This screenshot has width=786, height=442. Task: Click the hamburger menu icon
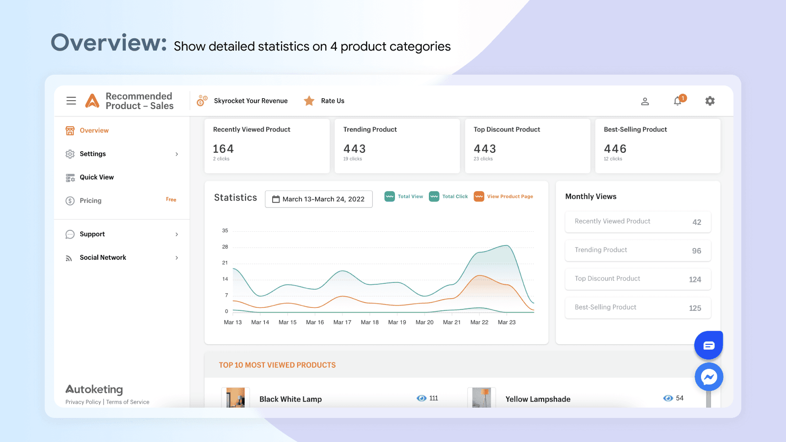[x=71, y=101]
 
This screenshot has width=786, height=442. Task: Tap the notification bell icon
[x=677, y=101]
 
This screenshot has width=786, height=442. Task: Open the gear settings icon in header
[x=710, y=101]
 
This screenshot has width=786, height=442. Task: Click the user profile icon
[x=645, y=101]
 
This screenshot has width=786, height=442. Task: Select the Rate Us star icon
[x=309, y=101]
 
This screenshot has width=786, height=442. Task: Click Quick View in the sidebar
[x=96, y=177]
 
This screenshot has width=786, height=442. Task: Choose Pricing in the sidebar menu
[x=90, y=200]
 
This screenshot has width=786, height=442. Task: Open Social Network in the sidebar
[x=103, y=257]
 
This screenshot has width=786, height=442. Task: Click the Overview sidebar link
[x=94, y=131]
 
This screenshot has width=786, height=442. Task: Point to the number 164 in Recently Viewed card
[x=223, y=149]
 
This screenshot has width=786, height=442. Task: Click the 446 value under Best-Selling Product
[x=615, y=149]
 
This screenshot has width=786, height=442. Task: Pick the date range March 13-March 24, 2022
[x=319, y=199]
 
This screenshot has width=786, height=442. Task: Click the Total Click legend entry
[x=449, y=196]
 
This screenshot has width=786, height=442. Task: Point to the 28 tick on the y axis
[x=225, y=247]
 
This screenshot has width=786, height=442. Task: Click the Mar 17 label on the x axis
[x=342, y=322]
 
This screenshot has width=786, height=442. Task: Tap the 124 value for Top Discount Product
[x=695, y=279]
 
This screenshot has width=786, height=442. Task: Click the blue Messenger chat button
[x=708, y=377]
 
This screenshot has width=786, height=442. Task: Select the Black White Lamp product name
[x=290, y=399]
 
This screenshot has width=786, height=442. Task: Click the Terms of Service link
[x=128, y=402]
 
